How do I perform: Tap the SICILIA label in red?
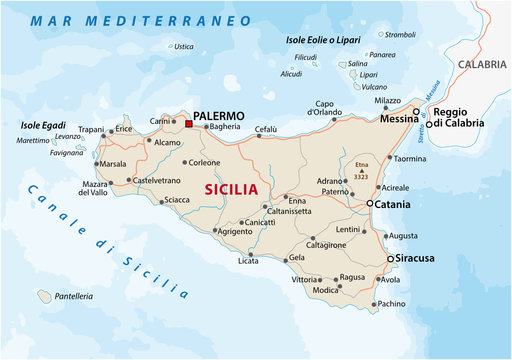[x=231, y=188]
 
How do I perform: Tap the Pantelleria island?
[x=43, y=296]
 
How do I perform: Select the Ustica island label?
[x=183, y=46]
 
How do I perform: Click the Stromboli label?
[x=400, y=34]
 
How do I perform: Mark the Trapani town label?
[x=91, y=129]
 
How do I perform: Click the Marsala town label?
[x=112, y=164]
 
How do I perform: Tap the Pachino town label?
[x=392, y=303]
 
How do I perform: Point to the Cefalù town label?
[x=266, y=128]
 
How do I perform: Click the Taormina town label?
[x=408, y=159]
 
